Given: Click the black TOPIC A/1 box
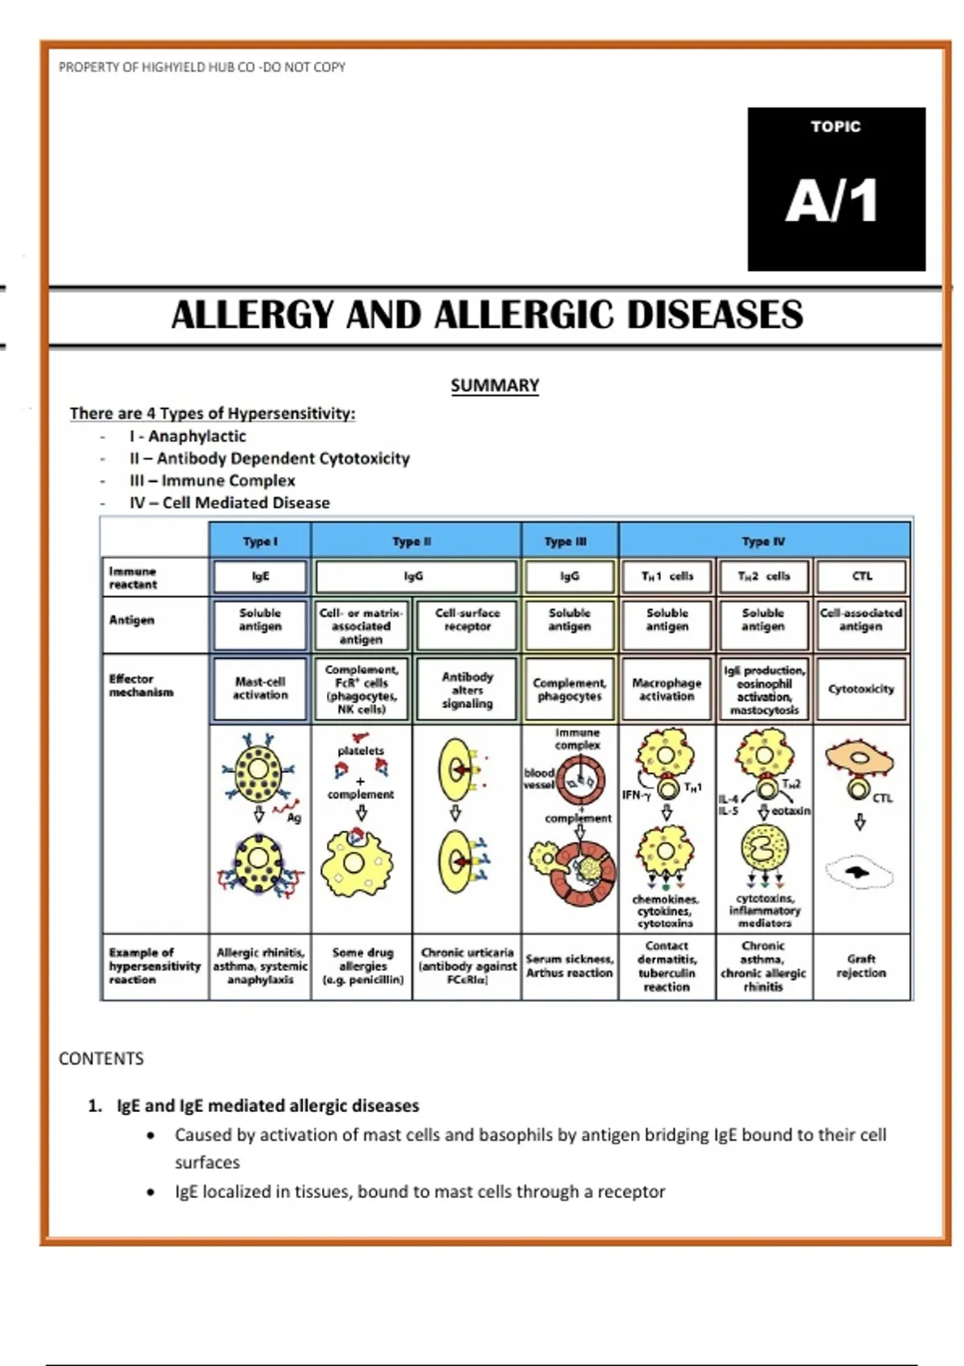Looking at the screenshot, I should (x=835, y=189).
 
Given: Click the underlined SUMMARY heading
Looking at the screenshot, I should (x=494, y=386).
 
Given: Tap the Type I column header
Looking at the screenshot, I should (x=259, y=542).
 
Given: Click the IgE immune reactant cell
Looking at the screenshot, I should (x=260, y=576).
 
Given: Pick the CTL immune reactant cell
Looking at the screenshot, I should (x=861, y=576).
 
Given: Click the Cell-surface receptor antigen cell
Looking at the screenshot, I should (x=467, y=620).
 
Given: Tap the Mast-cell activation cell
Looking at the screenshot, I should (x=260, y=689).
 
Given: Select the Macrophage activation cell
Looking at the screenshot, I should (x=666, y=689).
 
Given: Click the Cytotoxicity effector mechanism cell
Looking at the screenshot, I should (x=861, y=689).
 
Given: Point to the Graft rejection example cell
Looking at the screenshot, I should (x=861, y=966).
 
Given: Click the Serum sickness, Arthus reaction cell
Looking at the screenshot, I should (x=570, y=966).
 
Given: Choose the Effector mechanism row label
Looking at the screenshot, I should (x=141, y=685).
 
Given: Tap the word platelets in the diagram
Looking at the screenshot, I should (x=361, y=750).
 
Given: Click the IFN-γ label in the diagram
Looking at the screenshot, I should (x=636, y=795).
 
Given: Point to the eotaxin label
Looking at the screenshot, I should (x=790, y=811).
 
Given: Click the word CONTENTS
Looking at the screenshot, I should (x=101, y=1058).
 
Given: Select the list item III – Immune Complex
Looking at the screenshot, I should (x=212, y=481).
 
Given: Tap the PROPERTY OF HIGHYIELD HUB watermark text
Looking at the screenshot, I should (x=202, y=67).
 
